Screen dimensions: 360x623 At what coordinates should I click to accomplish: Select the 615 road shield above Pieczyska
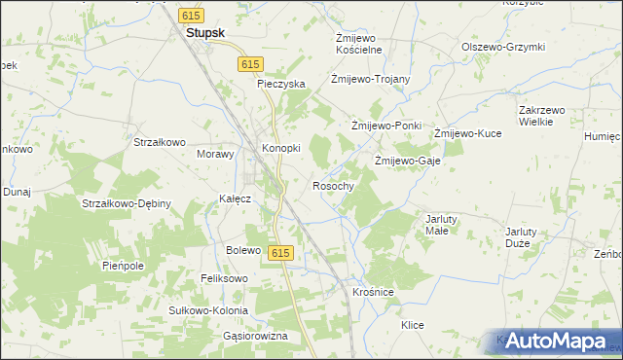(x=250, y=63)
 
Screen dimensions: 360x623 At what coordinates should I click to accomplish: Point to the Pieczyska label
(x=281, y=85)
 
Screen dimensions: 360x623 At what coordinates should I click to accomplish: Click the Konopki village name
(x=281, y=148)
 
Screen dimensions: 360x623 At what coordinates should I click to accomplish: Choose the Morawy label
(x=216, y=154)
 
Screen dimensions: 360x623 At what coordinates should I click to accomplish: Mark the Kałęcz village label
(x=237, y=198)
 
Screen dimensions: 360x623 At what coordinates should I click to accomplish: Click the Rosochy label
(x=332, y=185)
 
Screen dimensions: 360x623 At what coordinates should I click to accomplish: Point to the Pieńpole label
(x=123, y=265)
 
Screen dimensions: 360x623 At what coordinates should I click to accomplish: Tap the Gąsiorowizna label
(x=256, y=336)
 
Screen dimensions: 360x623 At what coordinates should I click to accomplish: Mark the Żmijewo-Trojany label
(x=370, y=79)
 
